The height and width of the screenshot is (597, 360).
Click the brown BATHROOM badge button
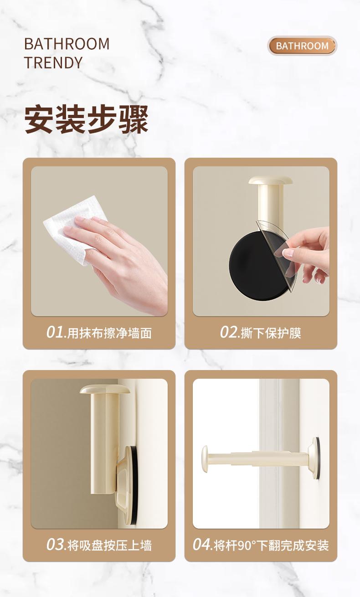coord(302,46)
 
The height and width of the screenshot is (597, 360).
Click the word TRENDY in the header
coord(53,62)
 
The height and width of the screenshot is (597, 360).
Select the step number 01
coord(55,332)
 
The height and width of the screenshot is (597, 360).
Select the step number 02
coord(229,332)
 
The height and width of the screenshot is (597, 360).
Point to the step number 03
coord(55,544)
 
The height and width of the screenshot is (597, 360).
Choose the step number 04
coord(201,544)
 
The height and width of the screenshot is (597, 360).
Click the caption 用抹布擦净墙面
coord(109,333)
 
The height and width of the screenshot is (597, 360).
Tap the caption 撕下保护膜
coord(271,333)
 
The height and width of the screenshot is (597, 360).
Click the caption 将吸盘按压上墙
coord(109,546)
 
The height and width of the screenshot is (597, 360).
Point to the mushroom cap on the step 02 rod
coord(271,180)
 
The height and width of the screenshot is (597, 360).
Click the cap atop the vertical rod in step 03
coord(105,390)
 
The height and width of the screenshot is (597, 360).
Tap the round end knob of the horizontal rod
coord(205,459)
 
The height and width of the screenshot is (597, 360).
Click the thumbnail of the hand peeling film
coord(261,241)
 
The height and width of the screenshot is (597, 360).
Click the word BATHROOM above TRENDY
coord(67,44)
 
